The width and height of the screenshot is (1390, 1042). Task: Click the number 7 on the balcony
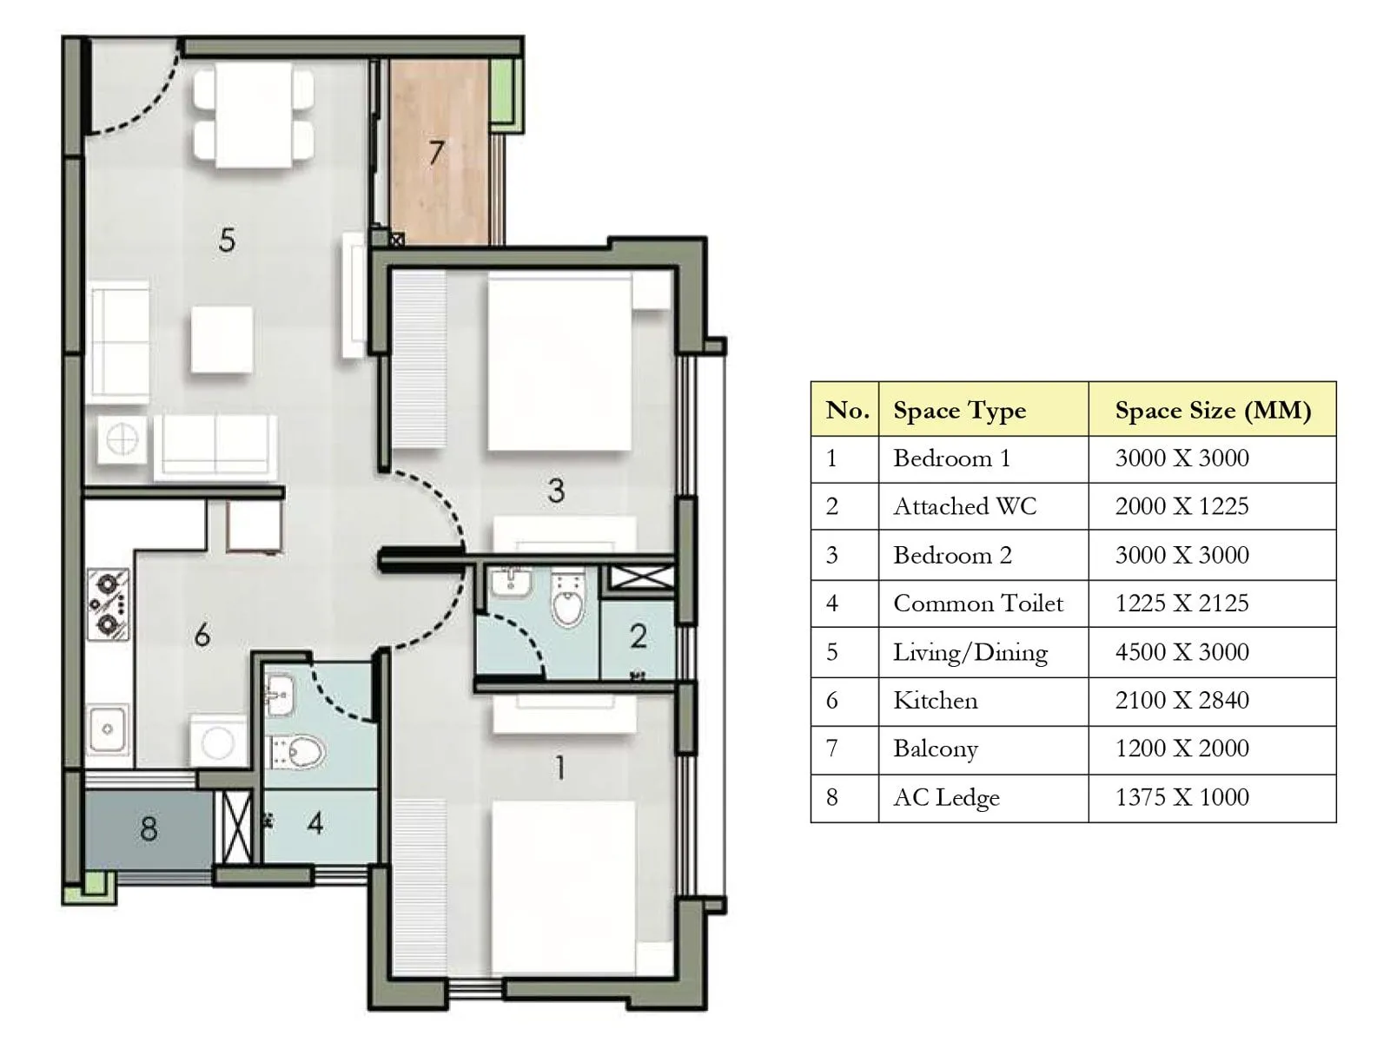tap(436, 154)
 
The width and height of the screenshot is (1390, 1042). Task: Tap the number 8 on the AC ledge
tap(149, 828)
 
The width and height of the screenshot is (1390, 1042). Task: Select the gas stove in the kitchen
tap(109, 603)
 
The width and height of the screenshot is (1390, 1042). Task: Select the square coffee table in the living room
tap(222, 340)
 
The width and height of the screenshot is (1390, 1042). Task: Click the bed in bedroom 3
tap(559, 362)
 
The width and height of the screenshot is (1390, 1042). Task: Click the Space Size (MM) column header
tap(1212, 410)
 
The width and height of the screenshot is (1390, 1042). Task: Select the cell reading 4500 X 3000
tap(1181, 652)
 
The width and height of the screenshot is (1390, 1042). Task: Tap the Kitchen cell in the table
tap(936, 701)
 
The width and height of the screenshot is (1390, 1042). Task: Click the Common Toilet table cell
tap(977, 603)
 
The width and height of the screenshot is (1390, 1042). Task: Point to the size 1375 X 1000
tap(1181, 797)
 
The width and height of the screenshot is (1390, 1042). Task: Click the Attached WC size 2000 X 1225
tap(1181, 506)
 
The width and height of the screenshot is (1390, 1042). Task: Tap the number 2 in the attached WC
tap(638, 636)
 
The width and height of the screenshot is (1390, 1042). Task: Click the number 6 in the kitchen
tap(202, 636)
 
